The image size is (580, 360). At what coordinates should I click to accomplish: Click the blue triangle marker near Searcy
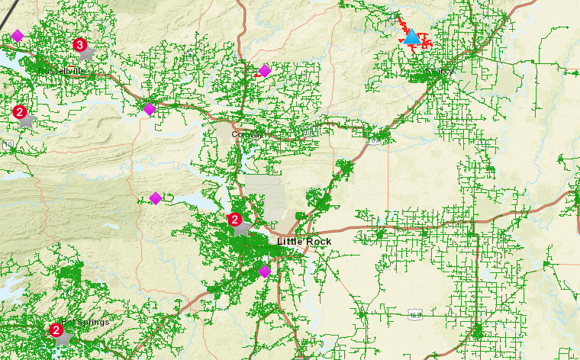(x=412, y=37)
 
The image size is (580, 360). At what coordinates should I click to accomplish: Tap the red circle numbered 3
(x=79, y=45)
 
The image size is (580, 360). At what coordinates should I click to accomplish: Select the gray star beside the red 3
(x=87, y=53)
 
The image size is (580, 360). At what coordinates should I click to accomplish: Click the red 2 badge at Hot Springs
(x=56, y=330)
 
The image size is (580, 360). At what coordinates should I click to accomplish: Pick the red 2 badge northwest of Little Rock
(x=235, y=220)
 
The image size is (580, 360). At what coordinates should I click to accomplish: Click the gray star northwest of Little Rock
(x=242, y=227)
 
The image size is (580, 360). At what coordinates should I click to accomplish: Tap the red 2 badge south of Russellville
(x=20, y=111)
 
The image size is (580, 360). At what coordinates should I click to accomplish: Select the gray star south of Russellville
(x=26, y=120)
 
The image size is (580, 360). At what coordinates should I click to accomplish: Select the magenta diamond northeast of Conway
(x=265, y=71)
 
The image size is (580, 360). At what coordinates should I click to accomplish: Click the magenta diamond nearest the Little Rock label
(x=265, y=271)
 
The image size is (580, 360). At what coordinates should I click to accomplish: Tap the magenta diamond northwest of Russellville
(x=18, y=36)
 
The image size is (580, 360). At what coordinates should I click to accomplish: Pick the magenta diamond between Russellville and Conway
(x=150, y=109)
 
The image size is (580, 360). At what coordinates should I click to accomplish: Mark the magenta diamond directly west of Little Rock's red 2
(x=156, y=198)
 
